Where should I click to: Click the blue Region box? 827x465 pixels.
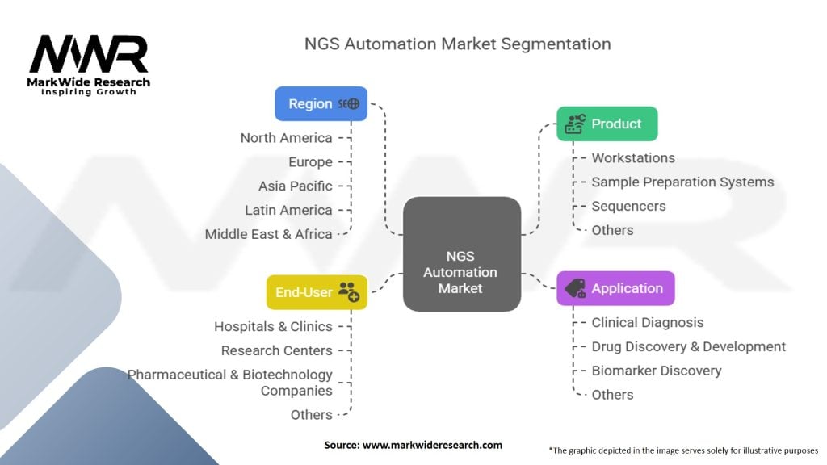321,104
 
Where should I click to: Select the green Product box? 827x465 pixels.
607,124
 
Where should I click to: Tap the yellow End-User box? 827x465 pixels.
317,292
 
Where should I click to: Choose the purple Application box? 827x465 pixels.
615,288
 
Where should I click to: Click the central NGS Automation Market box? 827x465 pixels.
461,254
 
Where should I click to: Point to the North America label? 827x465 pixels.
287,138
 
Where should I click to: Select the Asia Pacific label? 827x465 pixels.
296,186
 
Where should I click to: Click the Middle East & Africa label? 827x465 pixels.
268,234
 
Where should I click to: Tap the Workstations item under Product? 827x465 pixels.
633,158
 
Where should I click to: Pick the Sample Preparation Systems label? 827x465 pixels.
682,182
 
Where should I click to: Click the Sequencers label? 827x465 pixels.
628,206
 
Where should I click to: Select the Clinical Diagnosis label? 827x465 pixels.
647,323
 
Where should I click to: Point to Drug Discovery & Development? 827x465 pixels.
688,347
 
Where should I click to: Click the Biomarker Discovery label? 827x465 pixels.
656,371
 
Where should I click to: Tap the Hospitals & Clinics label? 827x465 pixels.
273,327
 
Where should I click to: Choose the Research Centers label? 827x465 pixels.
277,350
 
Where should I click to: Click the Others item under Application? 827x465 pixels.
612,395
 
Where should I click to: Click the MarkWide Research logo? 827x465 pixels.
89,65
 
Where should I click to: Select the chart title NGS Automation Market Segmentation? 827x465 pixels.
458,44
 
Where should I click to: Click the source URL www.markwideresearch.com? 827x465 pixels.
433,445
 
